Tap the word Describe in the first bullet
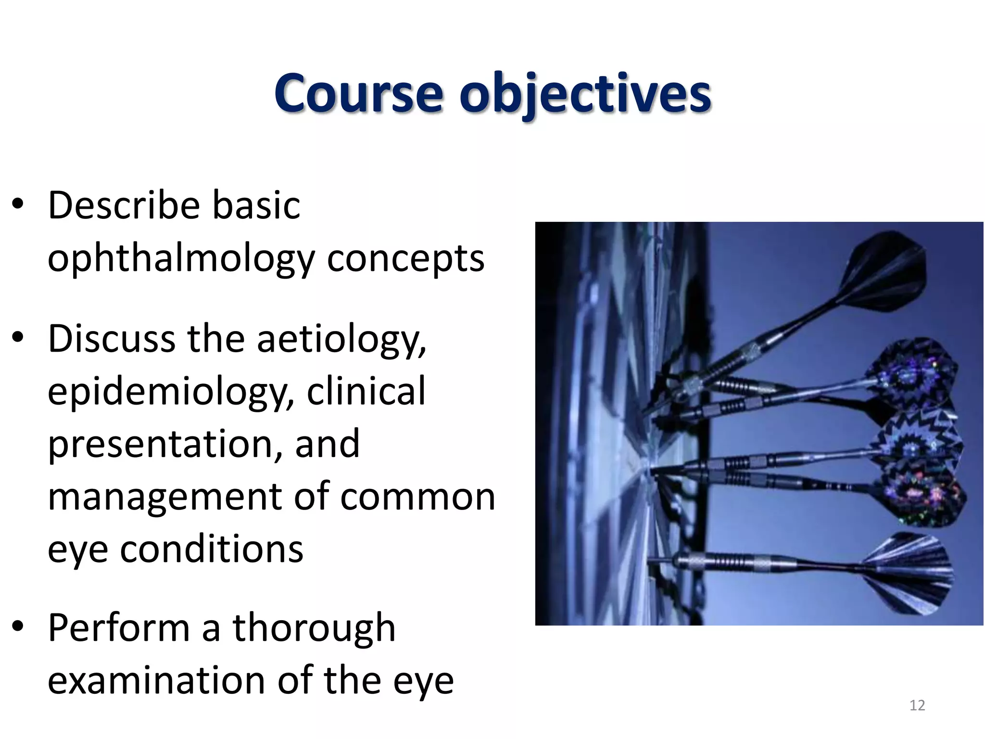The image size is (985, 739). click(x=124, y=205)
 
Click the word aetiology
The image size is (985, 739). click(x=341, y=340)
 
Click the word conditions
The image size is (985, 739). click(x=212, y=549)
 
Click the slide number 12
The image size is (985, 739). click(x=917, y=705)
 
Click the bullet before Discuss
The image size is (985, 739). click(x=18, y=338)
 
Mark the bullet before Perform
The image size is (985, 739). click(x=18, y=627)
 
